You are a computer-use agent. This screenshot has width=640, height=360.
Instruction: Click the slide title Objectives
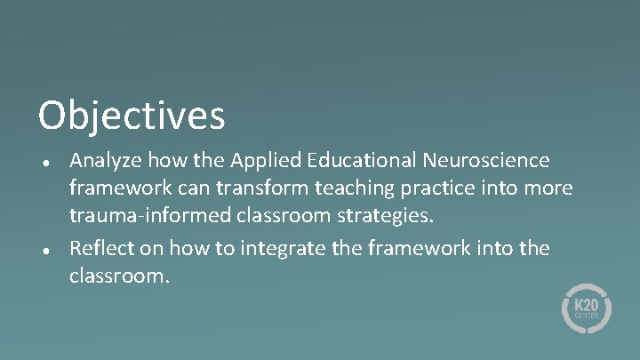click(x=132, y=116)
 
